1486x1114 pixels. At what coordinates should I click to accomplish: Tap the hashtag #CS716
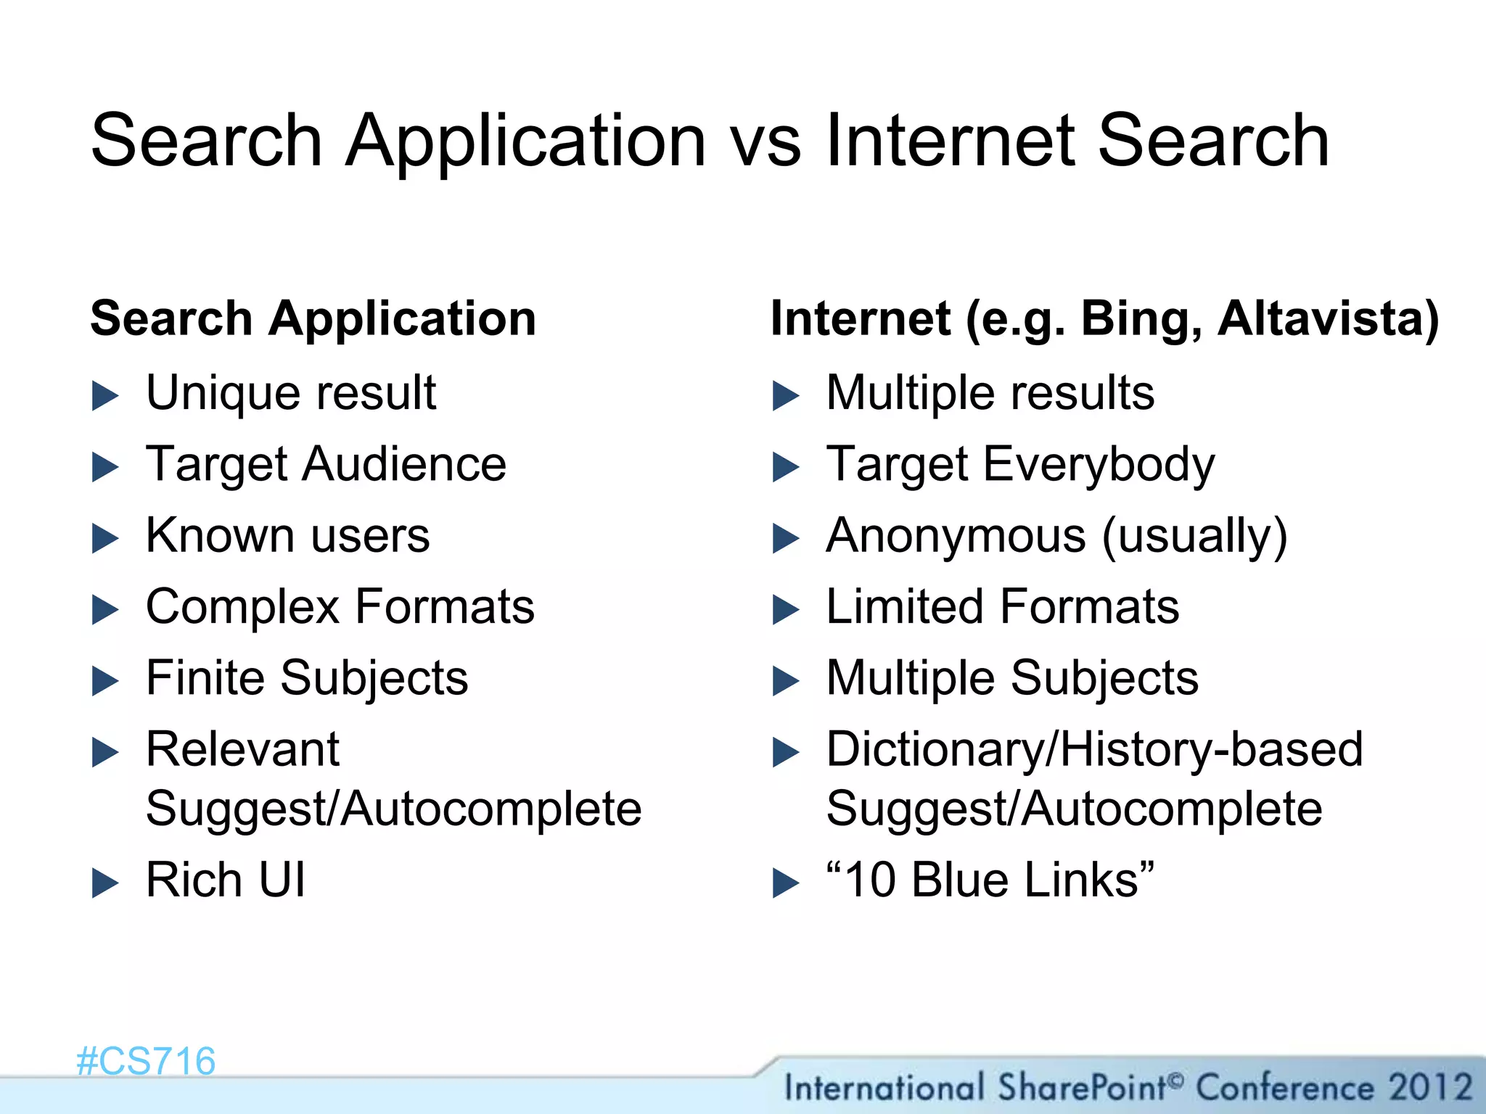pyautogui.click(x=146, y=1061)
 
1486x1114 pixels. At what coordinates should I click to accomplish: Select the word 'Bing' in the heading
pyautogui.click(x=1140, y=320)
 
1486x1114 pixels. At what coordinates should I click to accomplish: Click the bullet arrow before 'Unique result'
pyautogui.click(x=105, y=396)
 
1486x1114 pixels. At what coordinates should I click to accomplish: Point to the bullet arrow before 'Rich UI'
pyautogui.click(x=105, y=883)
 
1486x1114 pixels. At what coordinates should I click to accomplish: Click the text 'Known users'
pyautogui.click(x=287, y=536)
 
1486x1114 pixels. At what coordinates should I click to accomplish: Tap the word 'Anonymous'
pyautogui.click(x=956, y=536)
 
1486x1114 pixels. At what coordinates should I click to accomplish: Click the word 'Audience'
pyautogui.click(x=404, y=464)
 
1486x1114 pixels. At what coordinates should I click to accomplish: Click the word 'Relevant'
pyautogui.click(x=242, y=749)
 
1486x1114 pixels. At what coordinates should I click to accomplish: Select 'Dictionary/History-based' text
pyautogui.click(x=1094, y=750)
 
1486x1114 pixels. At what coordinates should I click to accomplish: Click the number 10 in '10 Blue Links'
pyautogui.click(x=870, y=880)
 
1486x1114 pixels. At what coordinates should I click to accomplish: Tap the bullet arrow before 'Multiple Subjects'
pyautogui.click(x=786, y=681)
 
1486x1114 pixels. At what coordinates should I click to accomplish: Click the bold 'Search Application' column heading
pyautogui.click(x=313, y=319)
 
